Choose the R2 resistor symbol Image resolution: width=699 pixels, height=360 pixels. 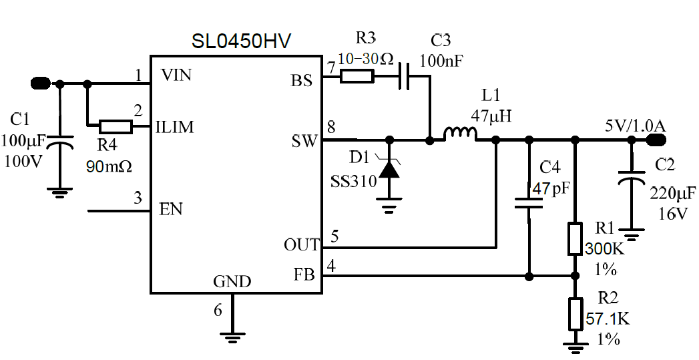pyautogui.click(x=574, y=314)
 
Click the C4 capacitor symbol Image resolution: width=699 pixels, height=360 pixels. pyautogui.click(x=529, y=203)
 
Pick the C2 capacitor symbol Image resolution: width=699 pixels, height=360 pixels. pyautogui.click(x=630, y=176)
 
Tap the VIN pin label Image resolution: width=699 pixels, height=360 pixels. pyautogui.click(x=176, y=75)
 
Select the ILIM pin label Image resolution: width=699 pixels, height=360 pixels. pyautogui.click(x=175, y=126)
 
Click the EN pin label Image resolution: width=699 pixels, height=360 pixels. pyautogui.click(x=171, y=209)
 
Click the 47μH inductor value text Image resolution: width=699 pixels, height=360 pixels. pyautogui.click(x=491, y=115)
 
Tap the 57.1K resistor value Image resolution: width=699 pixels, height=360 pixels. pyautogui.click(x=608, y=319)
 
